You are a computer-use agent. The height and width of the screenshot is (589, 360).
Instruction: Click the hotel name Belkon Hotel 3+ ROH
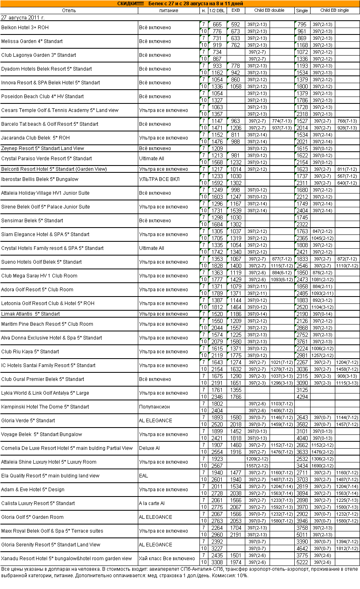[x=25, y=28]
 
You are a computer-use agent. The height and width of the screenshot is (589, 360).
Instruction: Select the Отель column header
[x=69, y=11]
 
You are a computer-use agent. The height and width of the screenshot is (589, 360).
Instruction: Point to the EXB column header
[x=236, y=11]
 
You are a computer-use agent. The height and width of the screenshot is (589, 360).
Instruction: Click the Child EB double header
[x=269, y=11]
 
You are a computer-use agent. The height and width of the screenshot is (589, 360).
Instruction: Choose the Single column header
[x=302, y=11]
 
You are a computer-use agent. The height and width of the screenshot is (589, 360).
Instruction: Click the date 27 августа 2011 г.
[x=23, y=17]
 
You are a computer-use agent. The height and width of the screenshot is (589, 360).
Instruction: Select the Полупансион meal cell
[x=154, y=407]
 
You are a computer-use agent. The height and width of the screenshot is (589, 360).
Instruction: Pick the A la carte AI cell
[x=152, y=503]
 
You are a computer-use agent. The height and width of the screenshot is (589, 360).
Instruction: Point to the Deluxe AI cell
[x=149, y=448]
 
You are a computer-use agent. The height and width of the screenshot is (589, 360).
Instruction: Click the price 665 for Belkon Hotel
[x=217, y=24]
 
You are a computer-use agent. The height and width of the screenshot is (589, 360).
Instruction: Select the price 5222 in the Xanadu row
[x=302, y=562]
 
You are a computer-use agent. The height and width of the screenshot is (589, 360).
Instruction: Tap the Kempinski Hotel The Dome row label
[x=45, y=407]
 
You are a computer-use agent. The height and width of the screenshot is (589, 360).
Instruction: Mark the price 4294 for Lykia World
[x=302, y=397]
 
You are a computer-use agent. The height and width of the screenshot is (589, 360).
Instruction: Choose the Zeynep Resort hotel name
[x=43, y=148]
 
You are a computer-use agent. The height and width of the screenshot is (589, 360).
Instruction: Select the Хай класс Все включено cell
[x=167, y=559]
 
